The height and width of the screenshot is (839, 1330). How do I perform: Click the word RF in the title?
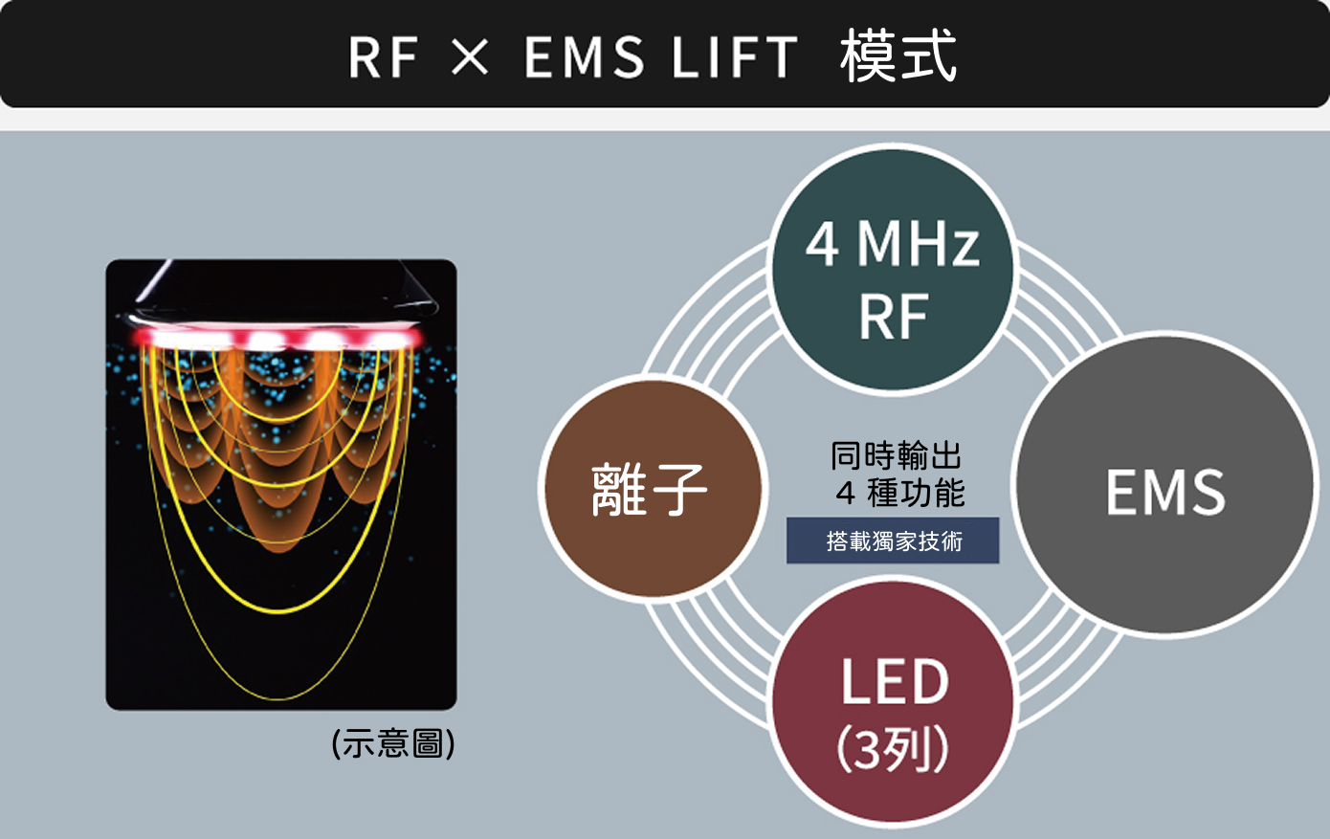tap(383, 56)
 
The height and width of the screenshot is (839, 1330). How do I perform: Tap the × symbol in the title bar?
tap(470, 56)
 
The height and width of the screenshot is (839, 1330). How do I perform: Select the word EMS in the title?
tap(584, 56)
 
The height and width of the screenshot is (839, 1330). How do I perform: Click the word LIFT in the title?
tap(735, 56)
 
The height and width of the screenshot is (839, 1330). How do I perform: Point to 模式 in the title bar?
tap(898, 56)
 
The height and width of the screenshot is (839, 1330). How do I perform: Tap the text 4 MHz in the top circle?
tap(893, 243)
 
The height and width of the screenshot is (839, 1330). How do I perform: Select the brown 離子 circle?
tap(652, 489)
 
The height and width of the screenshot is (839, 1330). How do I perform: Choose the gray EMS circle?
tap(1164, 486)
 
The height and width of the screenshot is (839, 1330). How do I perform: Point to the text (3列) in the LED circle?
tap(893, 750)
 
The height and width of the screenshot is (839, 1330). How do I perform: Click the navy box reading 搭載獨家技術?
tap(893, 541)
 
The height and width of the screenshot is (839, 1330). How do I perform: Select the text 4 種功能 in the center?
tap(899, 494)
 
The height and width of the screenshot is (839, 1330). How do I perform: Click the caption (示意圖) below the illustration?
tap(393, 743)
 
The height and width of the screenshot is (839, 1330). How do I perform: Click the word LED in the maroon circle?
tap(894, 682)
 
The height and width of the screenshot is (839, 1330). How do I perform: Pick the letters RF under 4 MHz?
tap(894, 317)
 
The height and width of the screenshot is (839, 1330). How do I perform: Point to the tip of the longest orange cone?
tap(278, 550)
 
